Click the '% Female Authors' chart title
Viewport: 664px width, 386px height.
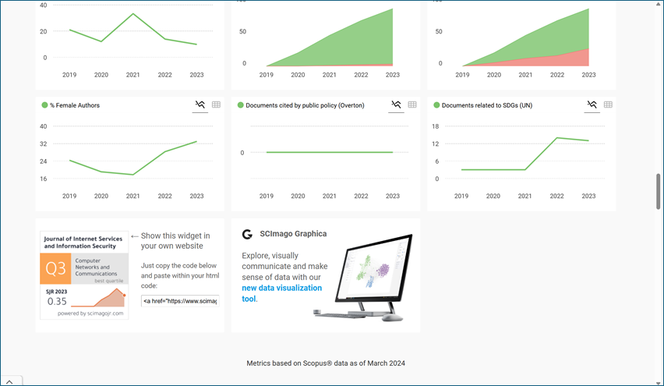click(x=75, y=105)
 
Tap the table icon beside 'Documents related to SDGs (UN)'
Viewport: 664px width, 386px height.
click(x=608, y=104)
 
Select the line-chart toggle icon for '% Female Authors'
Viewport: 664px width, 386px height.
click(x=200, y=104)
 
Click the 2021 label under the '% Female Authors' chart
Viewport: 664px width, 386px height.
click(x=133, y=196)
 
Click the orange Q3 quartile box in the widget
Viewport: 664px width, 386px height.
click(x=56, y=270)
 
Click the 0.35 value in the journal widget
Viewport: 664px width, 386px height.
click(x=56, y=301)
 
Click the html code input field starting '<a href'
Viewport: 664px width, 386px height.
click(x=179, y=300)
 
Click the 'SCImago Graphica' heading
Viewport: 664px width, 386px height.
click(x=293, y=233)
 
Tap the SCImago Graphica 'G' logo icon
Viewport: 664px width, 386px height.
click(x=247, y=234)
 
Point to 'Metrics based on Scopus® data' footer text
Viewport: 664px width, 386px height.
click(x=326, y=363)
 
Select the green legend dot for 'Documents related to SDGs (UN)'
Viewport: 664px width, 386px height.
click(x=436, y=105)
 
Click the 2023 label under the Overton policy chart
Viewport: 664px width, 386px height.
click(x=393, y=196)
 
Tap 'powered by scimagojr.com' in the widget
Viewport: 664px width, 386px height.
click(x=84, y=313)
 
